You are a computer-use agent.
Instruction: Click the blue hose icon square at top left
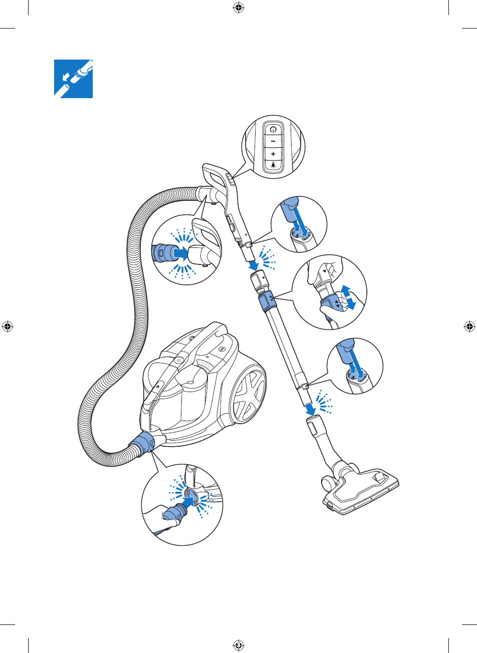coord(74,79)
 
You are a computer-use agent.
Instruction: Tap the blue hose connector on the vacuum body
coord(142,445)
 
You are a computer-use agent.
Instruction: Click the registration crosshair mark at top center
coord(238,8)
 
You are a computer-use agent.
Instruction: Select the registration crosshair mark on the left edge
coord(8,327)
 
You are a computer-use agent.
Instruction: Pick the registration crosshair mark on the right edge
coord(469,327)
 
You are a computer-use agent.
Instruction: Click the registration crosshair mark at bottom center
coord(238,645)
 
